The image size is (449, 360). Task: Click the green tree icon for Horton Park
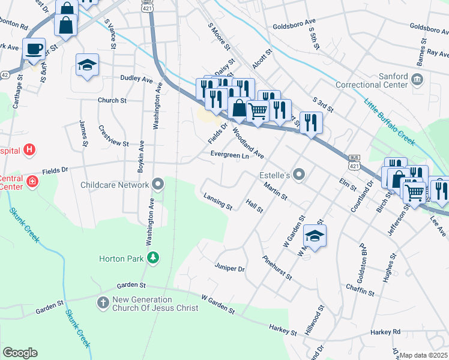[x=154, y=259]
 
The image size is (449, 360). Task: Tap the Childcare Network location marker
[x=158, y=184]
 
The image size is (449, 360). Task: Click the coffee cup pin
[x=34, y=49]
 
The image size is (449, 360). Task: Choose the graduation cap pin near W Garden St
[x=315, y=235]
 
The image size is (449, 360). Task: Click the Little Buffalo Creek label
[x=389, y=122]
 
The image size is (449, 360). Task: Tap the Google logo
[x=20, y=353]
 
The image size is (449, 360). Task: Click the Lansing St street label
[x=218, y=202]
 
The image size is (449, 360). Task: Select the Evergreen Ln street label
[x=229, y=155]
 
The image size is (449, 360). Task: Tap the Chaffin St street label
[x=360, y=290]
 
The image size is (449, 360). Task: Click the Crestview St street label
[x=113, y=139]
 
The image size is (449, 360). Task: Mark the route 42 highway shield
[x=5, y=75]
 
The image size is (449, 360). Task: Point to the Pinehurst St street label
[x=277, y=268]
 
